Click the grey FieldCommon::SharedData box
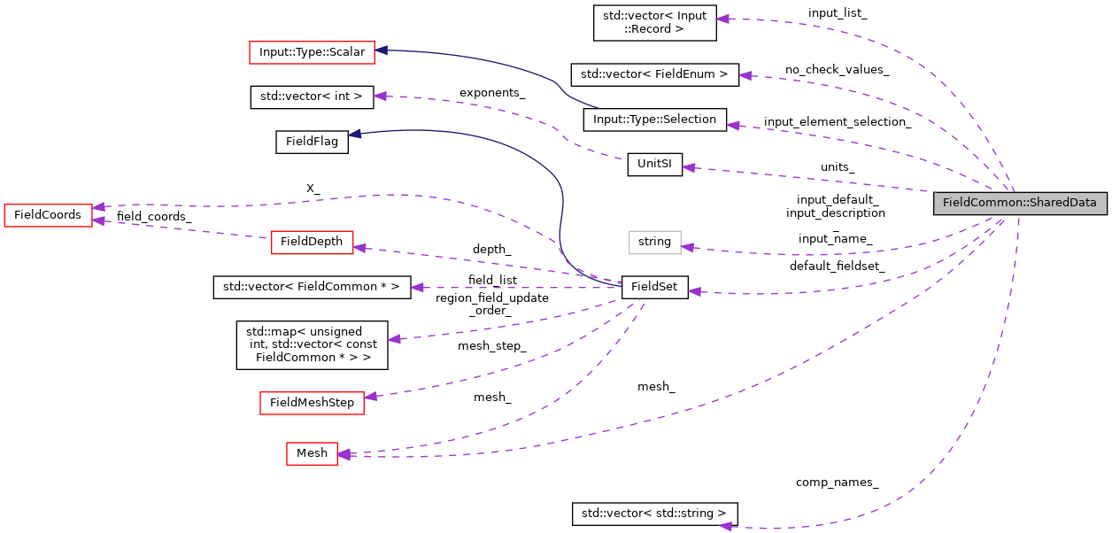point(1020,203)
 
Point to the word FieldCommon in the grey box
point(983,203)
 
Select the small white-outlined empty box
point(654,243)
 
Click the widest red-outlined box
point(312,53)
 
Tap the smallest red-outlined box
point(312,453)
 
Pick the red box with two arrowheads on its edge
point(48,215)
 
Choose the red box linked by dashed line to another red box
point(312,243)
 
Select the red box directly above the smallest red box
point(312,403)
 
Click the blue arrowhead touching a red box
point(382,50)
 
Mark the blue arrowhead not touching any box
point(354,134)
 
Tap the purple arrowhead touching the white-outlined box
point(688,247)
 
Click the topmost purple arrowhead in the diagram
point(722,19)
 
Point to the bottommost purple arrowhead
point(725,526)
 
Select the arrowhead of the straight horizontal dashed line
point(417,288)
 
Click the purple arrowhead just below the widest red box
point(380,96)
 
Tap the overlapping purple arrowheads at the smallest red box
point(344,454)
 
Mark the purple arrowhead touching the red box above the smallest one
point(371,396)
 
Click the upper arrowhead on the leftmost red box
point(99,206)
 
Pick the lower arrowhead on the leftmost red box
point(99,220)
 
